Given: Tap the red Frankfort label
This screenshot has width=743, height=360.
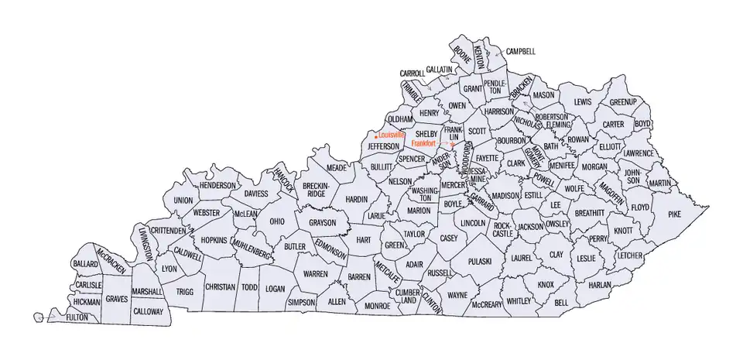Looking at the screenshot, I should (x=424, y=144).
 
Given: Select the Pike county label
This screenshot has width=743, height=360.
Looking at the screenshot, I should (x=674, y=210).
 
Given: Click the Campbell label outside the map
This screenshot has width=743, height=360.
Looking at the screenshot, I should (x=520, y=52).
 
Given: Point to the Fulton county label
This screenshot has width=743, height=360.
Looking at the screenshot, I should (x=77, y=317).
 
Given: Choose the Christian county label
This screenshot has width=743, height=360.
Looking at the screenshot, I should (x=220, y=286).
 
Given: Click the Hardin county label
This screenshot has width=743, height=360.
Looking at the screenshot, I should (x=357, y=199).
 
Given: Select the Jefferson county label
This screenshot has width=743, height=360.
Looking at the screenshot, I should (x=383, y=146).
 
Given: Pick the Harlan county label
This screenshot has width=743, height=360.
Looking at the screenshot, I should (x=599, y=284).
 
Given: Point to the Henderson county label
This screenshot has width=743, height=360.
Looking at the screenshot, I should (x=217, y=186).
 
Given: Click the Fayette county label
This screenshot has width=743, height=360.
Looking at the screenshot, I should (x=487, y=158).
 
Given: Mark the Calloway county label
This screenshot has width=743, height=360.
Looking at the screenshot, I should (x=147, y=311).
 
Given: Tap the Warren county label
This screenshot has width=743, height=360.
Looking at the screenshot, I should (x=315, y=274).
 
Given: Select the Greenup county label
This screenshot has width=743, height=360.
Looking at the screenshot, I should (x=622, y=101).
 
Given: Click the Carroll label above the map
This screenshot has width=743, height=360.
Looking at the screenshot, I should (x=412, y=74).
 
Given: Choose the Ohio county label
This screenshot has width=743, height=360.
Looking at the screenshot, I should (x=276, y=221).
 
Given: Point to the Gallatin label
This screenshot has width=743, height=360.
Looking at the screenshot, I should (x=439, y=70).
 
